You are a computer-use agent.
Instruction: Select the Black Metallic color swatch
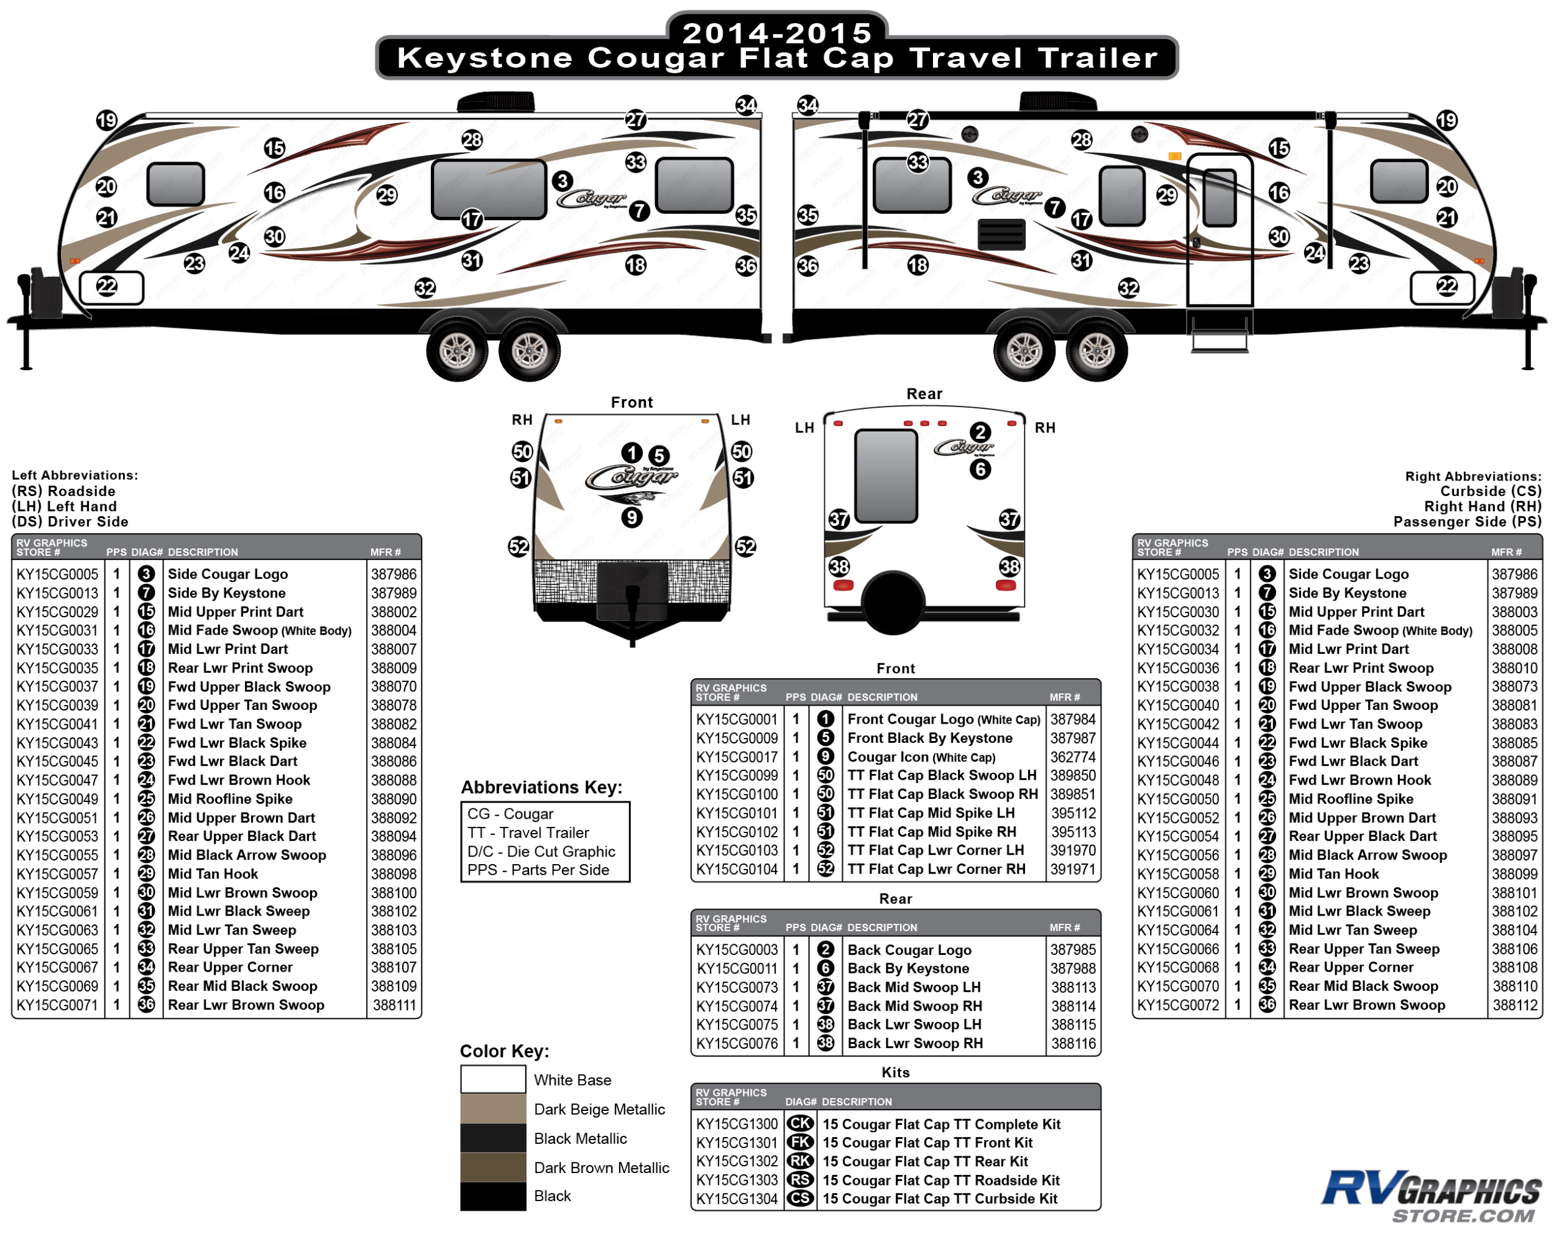[x=493, y=1138]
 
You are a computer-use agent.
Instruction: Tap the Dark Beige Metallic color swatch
[x=493, y=1108]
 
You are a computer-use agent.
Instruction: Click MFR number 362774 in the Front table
[x=1072, y=757]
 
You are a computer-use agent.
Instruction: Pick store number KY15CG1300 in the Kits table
[x=737, y=1124]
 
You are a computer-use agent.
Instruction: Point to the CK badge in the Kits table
[x=800, y=1124]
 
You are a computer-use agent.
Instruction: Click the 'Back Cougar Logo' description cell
[x=909, y=950]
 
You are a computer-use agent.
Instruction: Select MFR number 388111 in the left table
[x=393, y=1005]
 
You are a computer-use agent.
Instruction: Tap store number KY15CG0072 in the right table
[x=1178, y=1005]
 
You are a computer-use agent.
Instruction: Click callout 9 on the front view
[x=632, y=517]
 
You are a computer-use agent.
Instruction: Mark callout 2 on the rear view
[x=980, y=432]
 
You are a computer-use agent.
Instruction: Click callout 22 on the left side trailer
[x=107, y=286]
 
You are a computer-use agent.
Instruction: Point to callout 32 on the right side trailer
[x=1128, y=288]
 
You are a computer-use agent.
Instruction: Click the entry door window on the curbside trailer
[x=1220, y=198]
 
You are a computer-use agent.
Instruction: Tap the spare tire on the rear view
[x=893, y=602]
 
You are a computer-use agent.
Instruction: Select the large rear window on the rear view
[x=886, y=476]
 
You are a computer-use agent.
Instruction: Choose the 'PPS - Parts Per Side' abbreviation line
[x=538, y=870]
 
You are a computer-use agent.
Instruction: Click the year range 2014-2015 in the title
[x=777, y=32]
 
